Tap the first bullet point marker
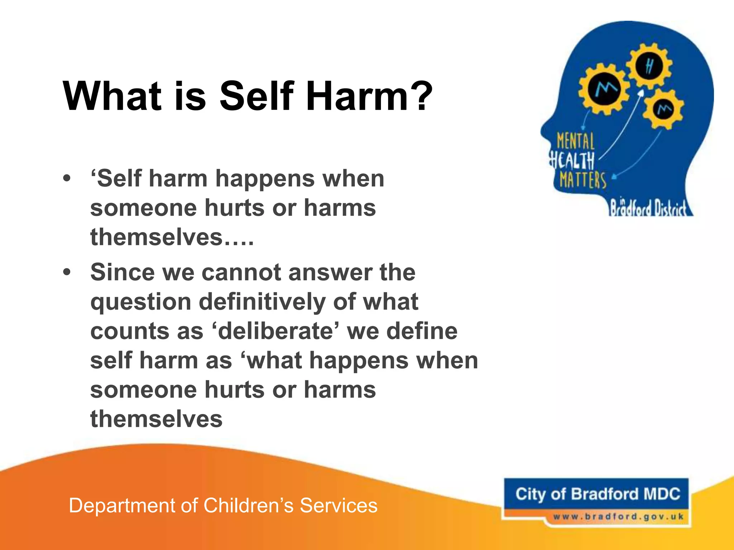tap(67, 178)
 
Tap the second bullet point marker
tap(67, 272)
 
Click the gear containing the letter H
tap(649, 67)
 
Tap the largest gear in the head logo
tap(604, 88)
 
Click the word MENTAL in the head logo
tap(575, 141)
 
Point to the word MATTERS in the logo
tap(583, 180)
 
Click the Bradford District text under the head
tap(648, 208)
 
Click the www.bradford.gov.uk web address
tap(618, 517)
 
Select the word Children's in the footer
tap(249, 506)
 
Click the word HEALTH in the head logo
tap(572, 160)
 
